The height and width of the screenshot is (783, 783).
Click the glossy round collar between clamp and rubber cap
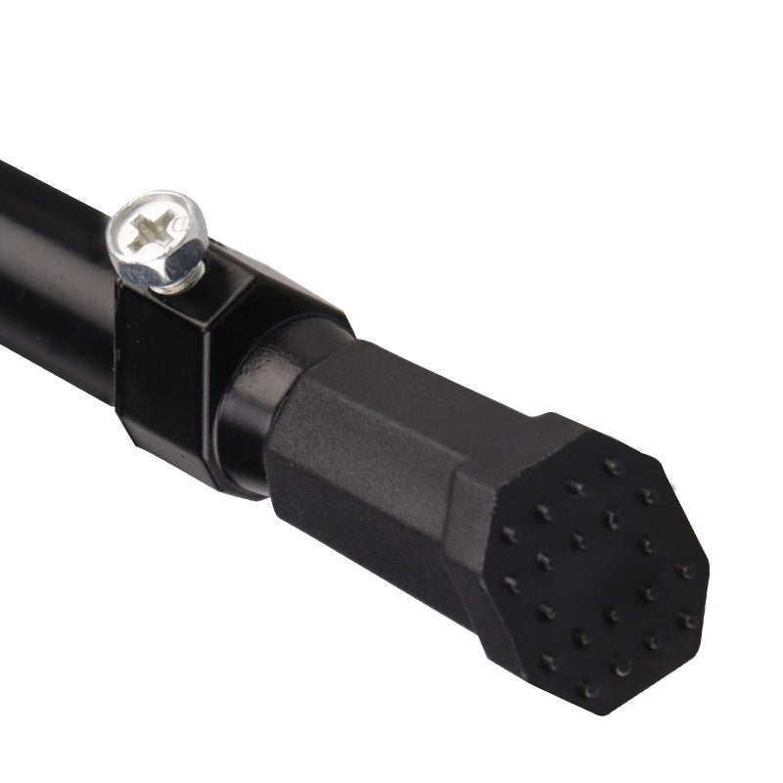click(x=250, y=411)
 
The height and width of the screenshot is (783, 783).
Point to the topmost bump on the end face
click(x=613, y=466)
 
